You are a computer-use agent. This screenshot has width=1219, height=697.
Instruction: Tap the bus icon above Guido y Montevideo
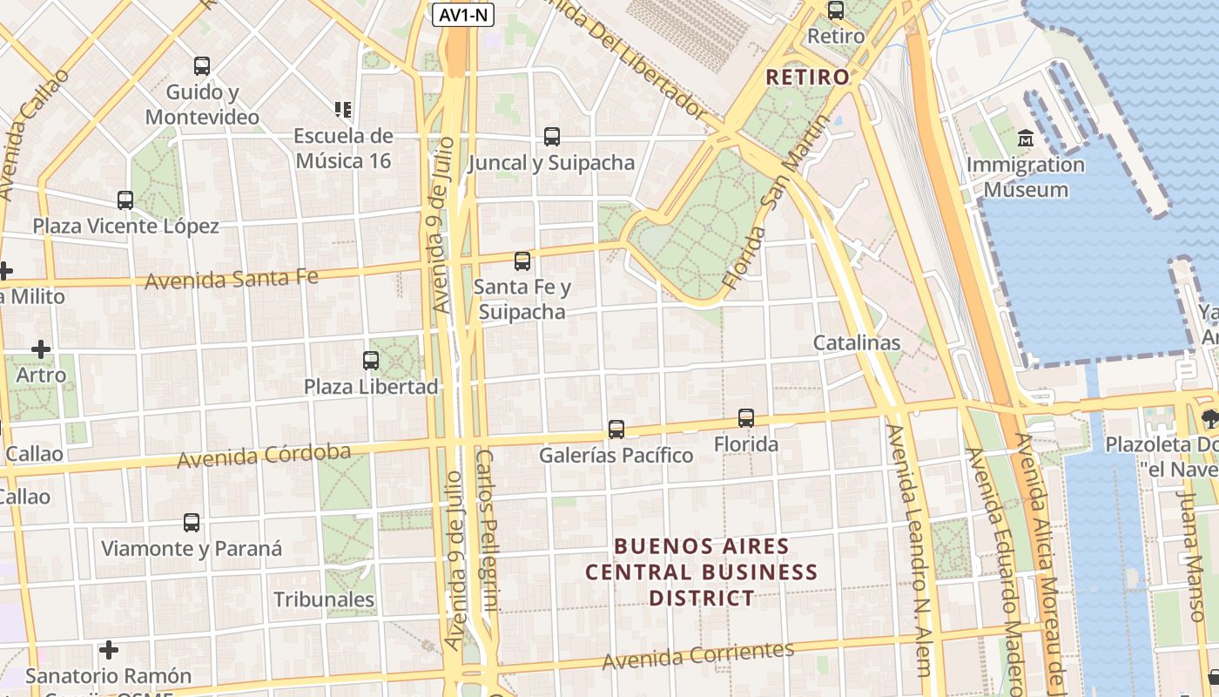[x=202, y=66]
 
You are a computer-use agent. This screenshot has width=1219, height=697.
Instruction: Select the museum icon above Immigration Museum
[x=1026, y=139]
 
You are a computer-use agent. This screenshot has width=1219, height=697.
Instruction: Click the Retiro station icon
[x=836, y=11]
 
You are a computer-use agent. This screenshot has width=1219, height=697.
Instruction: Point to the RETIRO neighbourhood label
[x=807, y=77]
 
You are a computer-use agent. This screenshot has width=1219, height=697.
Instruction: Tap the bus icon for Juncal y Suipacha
[x=552, y=137]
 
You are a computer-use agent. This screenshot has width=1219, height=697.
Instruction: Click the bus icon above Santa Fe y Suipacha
[x=522, y=261]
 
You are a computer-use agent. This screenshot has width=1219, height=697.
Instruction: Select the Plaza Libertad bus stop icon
[x=371, y=361]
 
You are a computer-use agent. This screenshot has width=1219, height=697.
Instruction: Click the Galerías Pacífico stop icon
[x=616, y=430]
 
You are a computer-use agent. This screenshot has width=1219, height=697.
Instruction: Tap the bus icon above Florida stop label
[x=746, y=418]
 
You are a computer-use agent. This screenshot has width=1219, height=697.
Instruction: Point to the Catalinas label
[x=857, y=342]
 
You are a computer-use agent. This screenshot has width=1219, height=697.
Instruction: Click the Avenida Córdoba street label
[x=264, y=455]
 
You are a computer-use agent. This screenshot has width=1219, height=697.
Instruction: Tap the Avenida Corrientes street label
[x=698, y=655]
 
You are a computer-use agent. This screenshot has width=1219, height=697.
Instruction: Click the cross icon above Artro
[x=41, y=349]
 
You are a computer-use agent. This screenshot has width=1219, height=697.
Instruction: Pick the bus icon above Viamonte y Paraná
[x=192, y=523]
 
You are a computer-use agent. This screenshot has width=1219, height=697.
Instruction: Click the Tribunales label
[x=324, y=599]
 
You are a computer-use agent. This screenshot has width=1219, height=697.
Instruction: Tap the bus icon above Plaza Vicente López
[x=125, y=200]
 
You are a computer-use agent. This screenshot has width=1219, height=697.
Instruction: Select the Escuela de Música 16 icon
[x=343, y=110]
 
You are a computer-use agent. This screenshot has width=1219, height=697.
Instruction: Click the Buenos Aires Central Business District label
[x=701, y=572]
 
